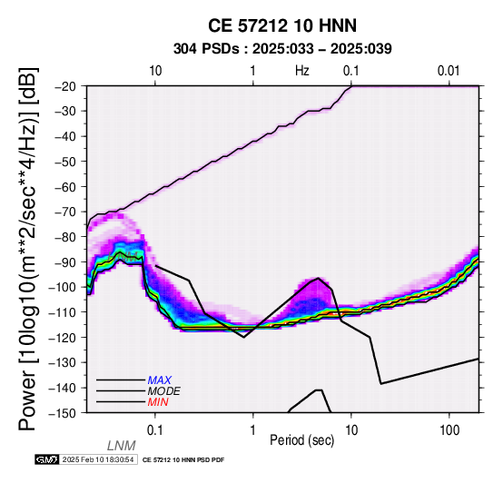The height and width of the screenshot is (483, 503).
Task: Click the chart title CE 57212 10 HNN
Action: point(282,25)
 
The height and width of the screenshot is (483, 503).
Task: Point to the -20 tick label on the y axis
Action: point(70,86)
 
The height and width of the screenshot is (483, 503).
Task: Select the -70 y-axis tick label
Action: point(70,212)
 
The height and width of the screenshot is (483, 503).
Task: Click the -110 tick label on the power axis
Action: point(66,312)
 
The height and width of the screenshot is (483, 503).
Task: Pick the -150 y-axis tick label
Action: point(66,413)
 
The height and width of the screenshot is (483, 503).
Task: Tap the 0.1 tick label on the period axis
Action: point(154,430)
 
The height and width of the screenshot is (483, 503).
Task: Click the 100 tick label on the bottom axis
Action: point(449,430)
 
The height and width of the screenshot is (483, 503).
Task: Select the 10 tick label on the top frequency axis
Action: point(155,71)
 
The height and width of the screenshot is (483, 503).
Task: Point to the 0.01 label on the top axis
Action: point(449,71)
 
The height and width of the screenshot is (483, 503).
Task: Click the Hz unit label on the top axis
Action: point(302,71)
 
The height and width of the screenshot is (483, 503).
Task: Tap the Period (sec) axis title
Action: point(302,440)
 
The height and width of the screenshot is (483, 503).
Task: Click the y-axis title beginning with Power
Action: point(27,249)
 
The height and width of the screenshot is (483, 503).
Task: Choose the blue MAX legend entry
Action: point(160,380)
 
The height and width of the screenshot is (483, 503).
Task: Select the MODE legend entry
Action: point(164,391)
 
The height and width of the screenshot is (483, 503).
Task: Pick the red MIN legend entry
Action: point(158,402)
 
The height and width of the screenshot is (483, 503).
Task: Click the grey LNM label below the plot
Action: point(122,446)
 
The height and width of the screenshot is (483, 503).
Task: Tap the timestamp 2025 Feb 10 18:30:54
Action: point(98,460)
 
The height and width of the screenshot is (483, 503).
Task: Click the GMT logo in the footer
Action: point(47,460)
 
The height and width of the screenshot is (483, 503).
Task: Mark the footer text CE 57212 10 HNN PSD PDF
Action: point(183,460)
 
